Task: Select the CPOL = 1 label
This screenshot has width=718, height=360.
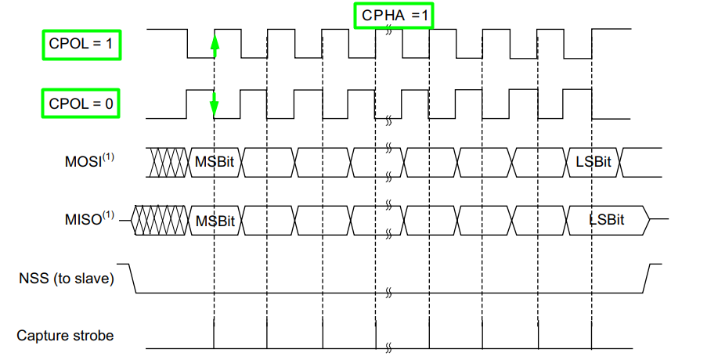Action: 81,45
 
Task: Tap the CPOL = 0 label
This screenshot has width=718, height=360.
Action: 81,103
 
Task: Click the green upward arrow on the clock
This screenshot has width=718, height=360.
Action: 214,46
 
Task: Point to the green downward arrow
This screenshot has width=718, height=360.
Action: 214,103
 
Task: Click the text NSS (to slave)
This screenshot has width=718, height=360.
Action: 66,278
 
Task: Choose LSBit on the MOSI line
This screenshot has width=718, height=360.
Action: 593,162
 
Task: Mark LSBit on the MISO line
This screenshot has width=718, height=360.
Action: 607,220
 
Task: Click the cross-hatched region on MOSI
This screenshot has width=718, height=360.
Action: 169,162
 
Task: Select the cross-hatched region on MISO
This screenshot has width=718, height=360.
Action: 160,220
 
